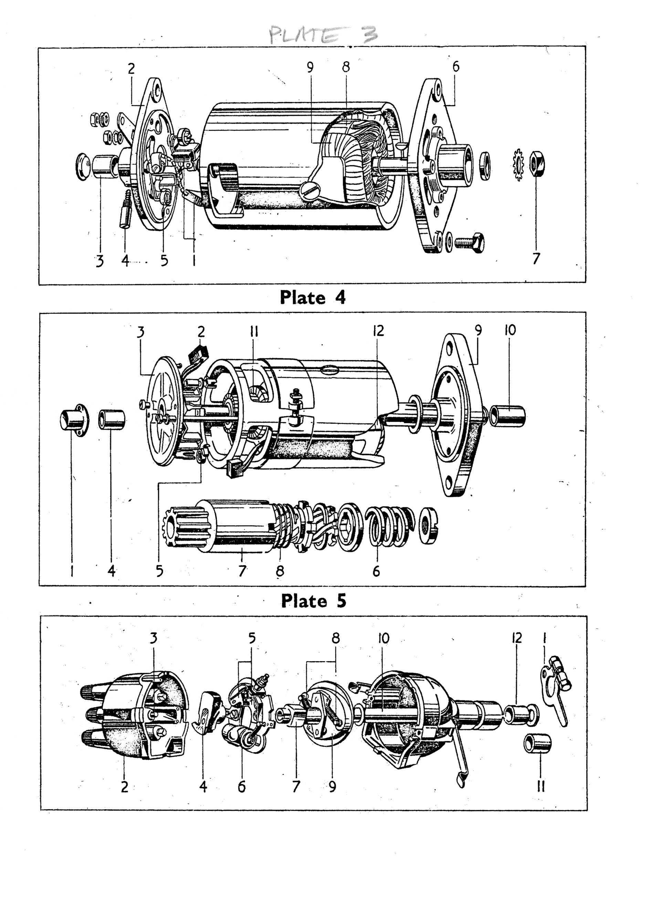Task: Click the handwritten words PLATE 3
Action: click(x=323, y=35)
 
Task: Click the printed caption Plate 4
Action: click(x=313, y=298)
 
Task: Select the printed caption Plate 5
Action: click(x=314, y=601)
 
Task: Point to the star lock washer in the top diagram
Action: click(x=517, y=165)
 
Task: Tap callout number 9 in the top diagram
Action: click(x=310, y=67)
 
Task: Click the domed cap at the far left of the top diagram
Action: click(x=83, y=167)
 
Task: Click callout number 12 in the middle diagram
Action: click(x=378, y=331)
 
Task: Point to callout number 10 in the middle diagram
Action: click(x=510, y=330)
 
